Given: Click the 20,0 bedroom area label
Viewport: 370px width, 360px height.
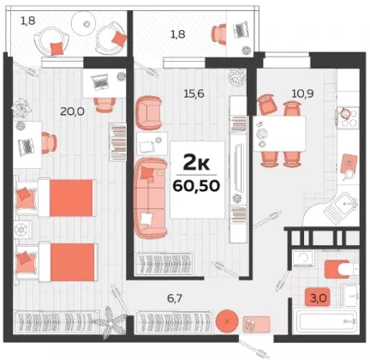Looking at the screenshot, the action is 72,111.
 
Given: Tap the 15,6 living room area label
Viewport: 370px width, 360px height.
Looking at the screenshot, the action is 194,93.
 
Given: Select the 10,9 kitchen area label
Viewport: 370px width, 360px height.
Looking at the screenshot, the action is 302,93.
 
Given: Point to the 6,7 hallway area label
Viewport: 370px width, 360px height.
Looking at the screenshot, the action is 175,298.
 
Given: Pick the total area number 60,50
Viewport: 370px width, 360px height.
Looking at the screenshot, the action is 196,186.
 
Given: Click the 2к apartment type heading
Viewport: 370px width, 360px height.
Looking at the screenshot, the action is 196,164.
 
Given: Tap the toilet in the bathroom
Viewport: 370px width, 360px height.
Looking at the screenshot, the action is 341,269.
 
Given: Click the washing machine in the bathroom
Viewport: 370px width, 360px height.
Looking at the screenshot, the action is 303,259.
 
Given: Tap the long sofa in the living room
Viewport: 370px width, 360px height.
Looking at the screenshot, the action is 151,198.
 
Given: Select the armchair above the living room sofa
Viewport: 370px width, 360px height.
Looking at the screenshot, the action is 149,112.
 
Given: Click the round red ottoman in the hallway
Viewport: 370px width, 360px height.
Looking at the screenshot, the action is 227,321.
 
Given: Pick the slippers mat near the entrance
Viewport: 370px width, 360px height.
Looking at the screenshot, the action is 256,324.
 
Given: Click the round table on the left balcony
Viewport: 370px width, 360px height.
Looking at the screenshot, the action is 83,23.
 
